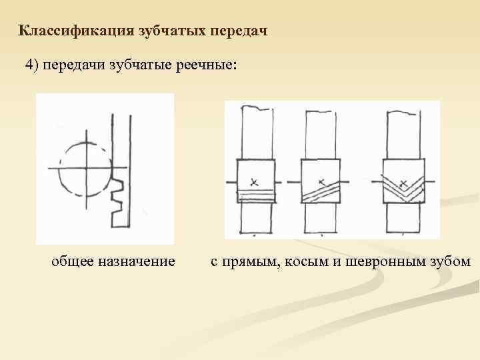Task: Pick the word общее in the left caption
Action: click(71, 261)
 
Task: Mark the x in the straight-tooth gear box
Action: click(255, 181)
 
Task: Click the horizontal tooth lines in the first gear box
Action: click(257, 195)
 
